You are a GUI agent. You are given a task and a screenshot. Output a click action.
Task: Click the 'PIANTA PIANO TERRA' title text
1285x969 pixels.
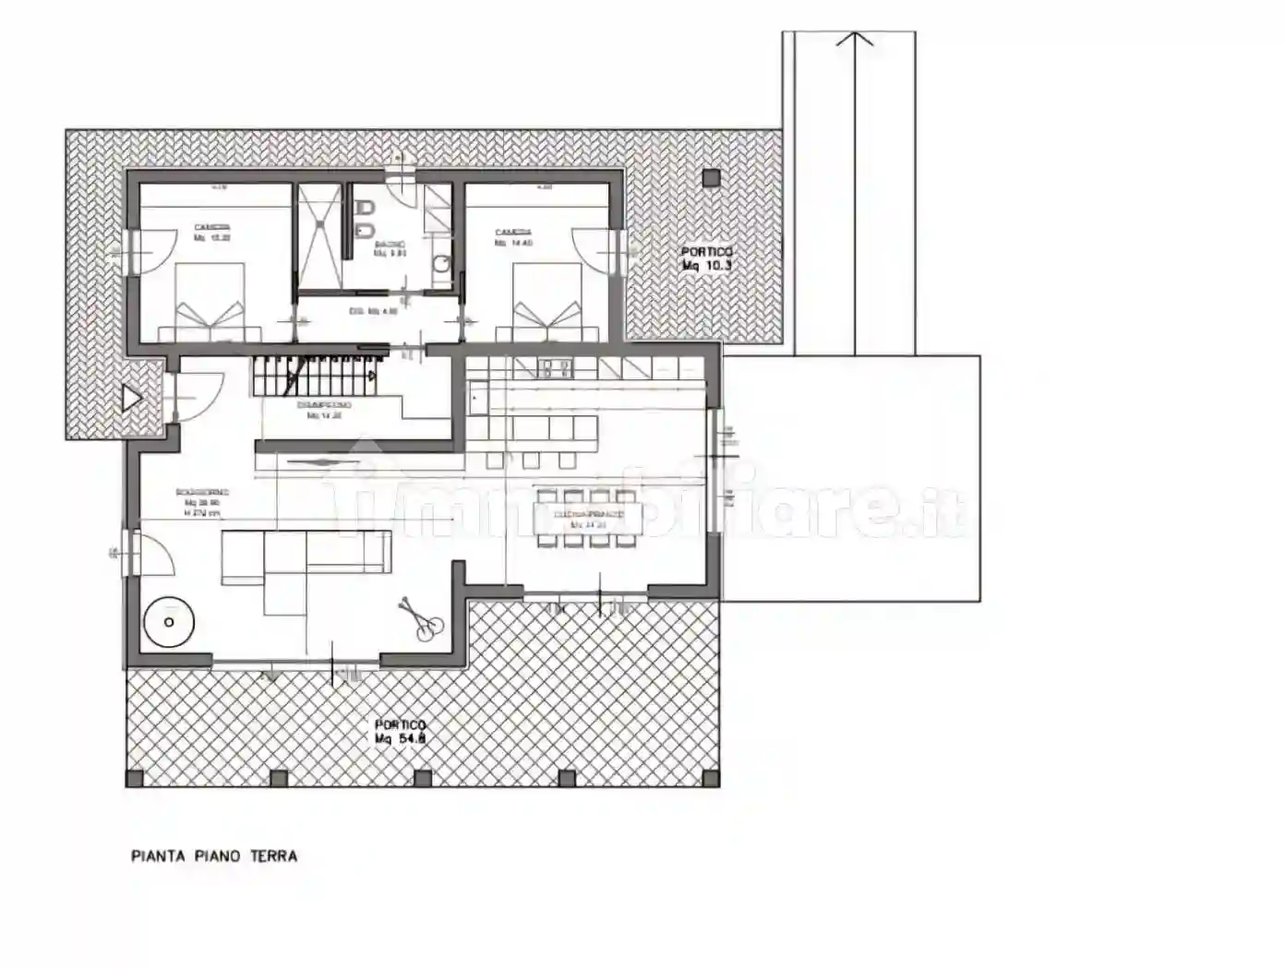pyautogui.click(x=214, y=856)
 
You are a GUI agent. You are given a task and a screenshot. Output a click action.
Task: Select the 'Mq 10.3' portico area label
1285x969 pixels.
pyautogui.click(x=707, y=266)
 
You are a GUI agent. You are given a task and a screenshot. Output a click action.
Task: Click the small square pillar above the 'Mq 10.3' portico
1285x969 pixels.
pyautogui.click(x=709, y=179)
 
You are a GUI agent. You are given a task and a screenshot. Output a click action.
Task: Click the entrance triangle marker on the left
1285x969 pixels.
pyautogui.click(x=132, y=399)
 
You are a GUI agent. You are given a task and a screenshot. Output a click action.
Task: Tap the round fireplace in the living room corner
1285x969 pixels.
pyautogui.click(x=169, y=621)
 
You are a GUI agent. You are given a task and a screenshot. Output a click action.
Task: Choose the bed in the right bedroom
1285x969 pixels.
pyautogui.click(x=548, y=303)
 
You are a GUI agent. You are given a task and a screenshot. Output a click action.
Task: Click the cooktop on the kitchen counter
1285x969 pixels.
pyautogui.click(x=558, y=367)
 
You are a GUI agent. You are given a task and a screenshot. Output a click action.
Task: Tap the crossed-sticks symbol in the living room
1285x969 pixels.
pyautogui.click(x=420, y=617)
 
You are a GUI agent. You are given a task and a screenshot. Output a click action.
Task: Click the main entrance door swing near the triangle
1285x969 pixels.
pyautogui.click(x=196, y=391)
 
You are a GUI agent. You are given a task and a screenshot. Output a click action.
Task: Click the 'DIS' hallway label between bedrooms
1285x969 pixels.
pyautogui.click(x=374, y=312)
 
